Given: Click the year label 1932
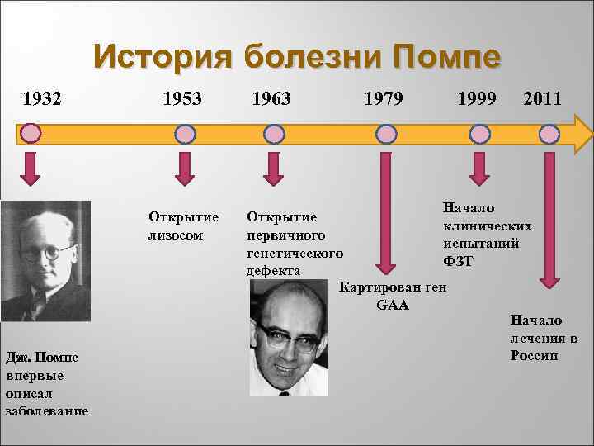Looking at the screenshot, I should click(x=42, y=99).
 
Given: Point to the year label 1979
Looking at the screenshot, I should click(x=384, y=99).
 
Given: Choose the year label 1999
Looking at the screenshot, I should click(x=476, y=99).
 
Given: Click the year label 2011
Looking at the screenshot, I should click(x=543, y=99).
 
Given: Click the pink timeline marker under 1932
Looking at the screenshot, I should click(x=31, y=133).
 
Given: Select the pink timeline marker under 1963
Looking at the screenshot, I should click(x=274, y=133).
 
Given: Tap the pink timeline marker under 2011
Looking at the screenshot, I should click(x=549, y=133).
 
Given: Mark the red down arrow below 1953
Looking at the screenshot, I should click(x=186, y=167).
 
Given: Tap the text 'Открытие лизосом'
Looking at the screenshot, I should click(x=183, y=225).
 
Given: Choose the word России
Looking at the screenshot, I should click(x=534, y=356).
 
